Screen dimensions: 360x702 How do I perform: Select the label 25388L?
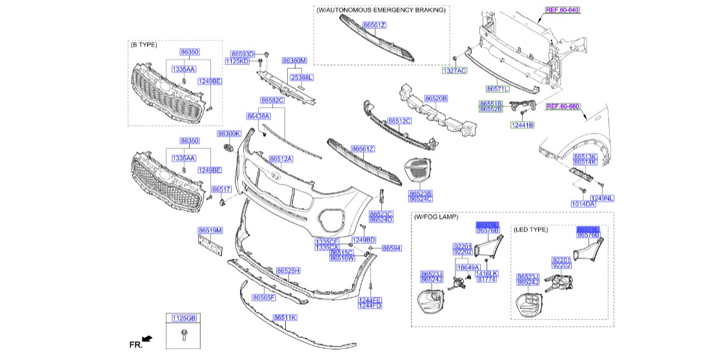[x=301, y=77]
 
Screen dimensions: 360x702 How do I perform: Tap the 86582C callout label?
[x=272, y=101]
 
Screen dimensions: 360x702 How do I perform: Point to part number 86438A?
[x=258, y=116]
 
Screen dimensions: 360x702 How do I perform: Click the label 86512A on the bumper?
[x=281, y=159]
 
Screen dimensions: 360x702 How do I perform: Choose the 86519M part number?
[x=210, y=230]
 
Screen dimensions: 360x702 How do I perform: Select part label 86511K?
[x=285, y=317]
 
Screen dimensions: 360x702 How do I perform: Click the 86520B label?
[x=436, y=99]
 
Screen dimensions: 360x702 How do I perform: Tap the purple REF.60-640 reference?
[x=563, y=10]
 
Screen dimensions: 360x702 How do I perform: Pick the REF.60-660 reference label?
[x=563, y=106]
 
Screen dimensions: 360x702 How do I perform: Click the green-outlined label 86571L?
[x=497, y=88]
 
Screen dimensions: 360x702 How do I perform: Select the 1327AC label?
[x=454, y=70]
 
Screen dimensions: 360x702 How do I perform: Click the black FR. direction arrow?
[x=147, y=338]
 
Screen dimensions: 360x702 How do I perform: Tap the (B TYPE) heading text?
[x=144, y=45]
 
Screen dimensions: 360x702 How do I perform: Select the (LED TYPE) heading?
[x=530, y=229]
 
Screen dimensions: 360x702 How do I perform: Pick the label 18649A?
[x=468, y=266]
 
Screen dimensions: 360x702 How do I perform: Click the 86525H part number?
[x=288, y=270]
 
